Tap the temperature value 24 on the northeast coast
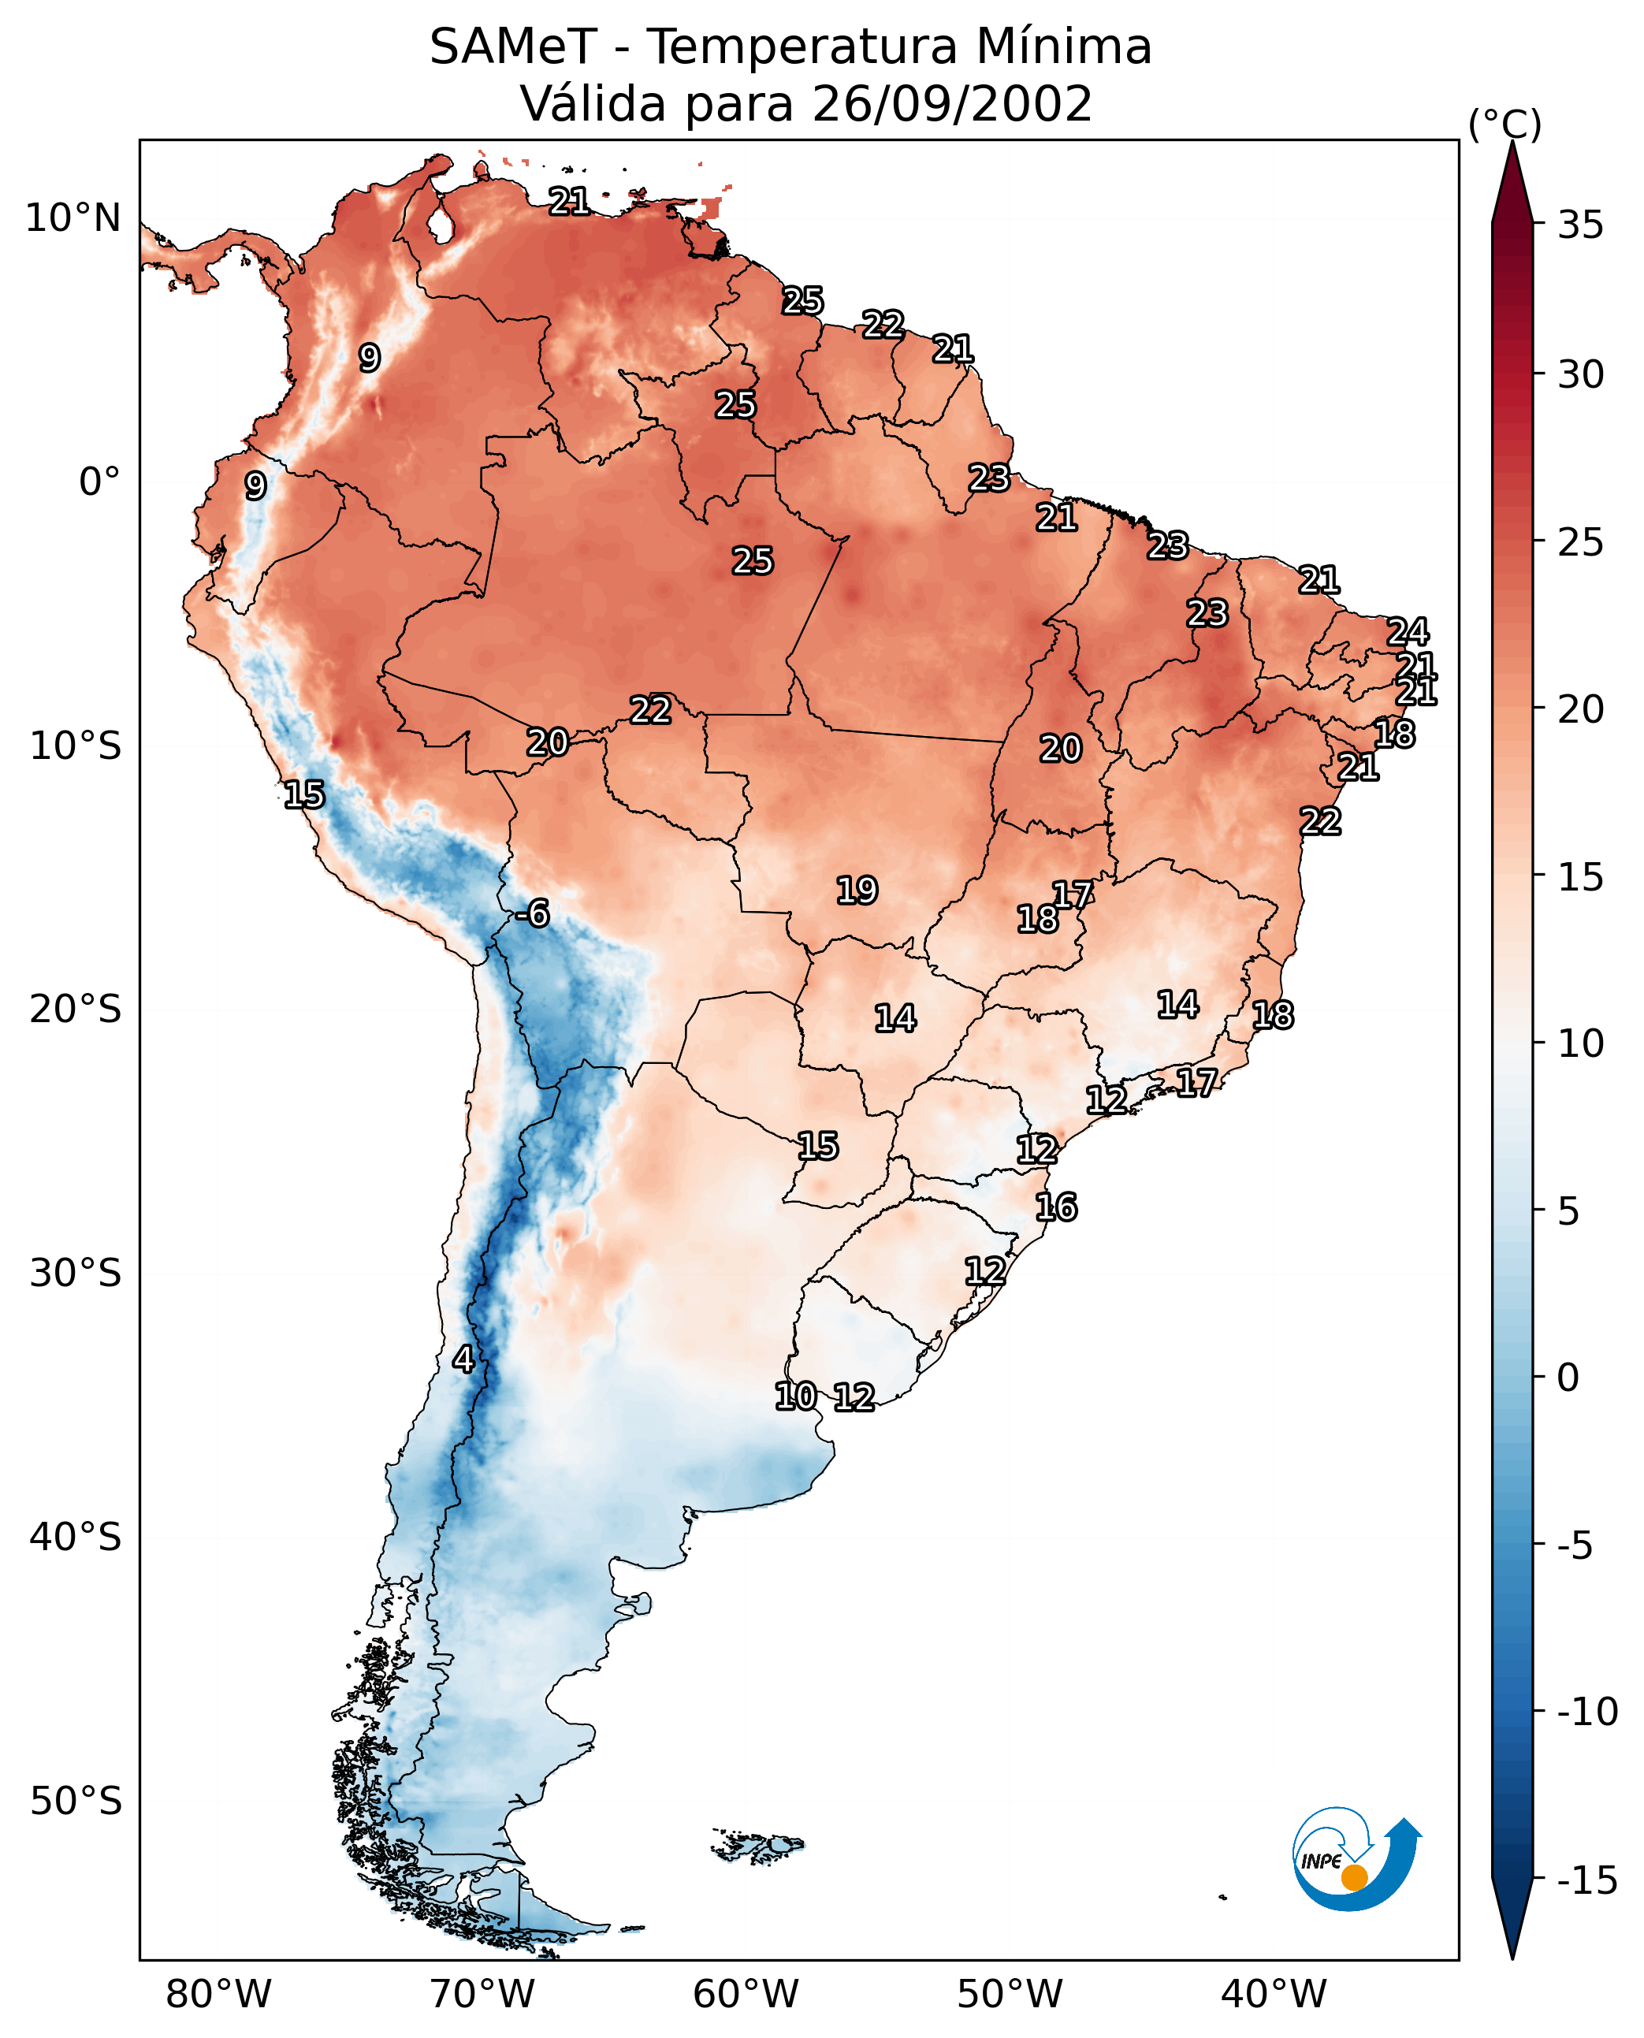pos(1408,632)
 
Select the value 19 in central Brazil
pos(857,891)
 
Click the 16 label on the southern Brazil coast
pos(1056,1207)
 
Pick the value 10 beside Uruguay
pos(795,1396)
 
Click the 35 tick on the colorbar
pos(1580,225)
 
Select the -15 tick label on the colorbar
pos(1586,1880)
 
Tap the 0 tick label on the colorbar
pos(1568,1377)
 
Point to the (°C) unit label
pos(1505,124)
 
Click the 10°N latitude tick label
pos(73,219)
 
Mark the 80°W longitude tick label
pos(219,1994)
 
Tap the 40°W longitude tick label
pos(1274,1994)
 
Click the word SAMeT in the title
pos(513,47)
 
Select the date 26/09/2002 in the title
pos(952,104)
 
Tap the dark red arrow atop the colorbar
pos(1512,184)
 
